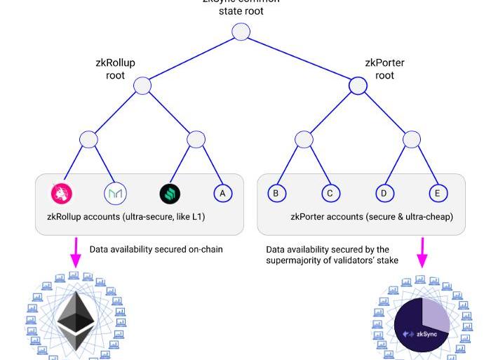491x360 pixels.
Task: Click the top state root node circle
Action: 241,32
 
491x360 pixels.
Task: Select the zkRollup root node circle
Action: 142,86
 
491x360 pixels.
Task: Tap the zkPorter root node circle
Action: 358,86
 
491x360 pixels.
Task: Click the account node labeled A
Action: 223,193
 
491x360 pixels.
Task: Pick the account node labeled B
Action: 276,193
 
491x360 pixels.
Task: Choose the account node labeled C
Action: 330,193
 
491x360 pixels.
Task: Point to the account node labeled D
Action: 384,193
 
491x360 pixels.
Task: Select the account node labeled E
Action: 438,193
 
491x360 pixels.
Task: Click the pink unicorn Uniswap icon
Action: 62,193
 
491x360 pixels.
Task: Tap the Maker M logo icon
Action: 115,193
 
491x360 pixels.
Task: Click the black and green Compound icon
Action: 170,193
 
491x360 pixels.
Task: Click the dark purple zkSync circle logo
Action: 422,327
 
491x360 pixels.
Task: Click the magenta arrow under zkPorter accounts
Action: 422,253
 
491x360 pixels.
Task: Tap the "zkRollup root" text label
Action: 115,69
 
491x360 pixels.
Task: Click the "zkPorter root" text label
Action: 384,69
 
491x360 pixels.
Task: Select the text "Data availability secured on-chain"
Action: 156,249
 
